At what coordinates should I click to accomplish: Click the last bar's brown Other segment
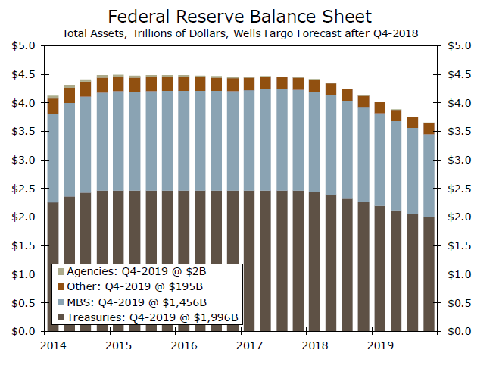point(429,129)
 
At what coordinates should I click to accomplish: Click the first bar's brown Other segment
point(53,105)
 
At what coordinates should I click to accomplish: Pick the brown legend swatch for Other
point(61,286)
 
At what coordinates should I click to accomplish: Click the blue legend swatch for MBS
point(61,302)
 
